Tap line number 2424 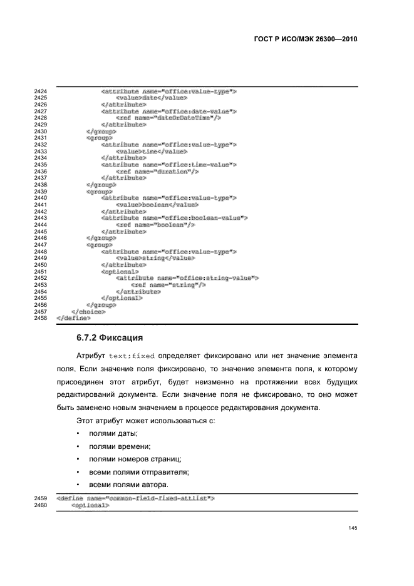41,91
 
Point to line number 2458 41,318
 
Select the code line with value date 152,98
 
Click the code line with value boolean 157,205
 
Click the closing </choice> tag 89,311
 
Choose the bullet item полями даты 113,434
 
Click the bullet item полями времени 118,446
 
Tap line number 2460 41,506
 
